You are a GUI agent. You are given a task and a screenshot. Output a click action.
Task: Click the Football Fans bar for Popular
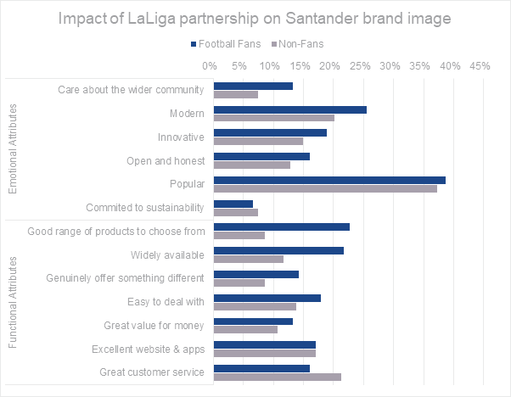coord(329,181)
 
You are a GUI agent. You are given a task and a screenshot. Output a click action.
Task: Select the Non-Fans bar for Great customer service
coord(278,376)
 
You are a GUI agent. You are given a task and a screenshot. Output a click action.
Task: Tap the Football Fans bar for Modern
coord(290,109)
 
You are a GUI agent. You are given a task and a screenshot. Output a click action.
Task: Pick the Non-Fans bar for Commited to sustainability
coord(236,212)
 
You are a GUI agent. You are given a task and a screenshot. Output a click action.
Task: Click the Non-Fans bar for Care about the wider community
coord(236,94)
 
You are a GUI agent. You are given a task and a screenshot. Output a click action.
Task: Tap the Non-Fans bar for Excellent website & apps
coord(265,352)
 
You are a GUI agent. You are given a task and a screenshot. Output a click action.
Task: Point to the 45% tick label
coord(480,65)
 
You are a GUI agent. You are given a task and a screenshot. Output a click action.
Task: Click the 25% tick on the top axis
coord(359,65)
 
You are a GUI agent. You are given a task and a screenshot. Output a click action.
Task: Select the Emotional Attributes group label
coord(12,149)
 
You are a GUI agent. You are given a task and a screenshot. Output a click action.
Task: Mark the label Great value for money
coord(154,325)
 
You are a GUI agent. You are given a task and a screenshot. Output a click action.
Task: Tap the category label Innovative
coord(181,137)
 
